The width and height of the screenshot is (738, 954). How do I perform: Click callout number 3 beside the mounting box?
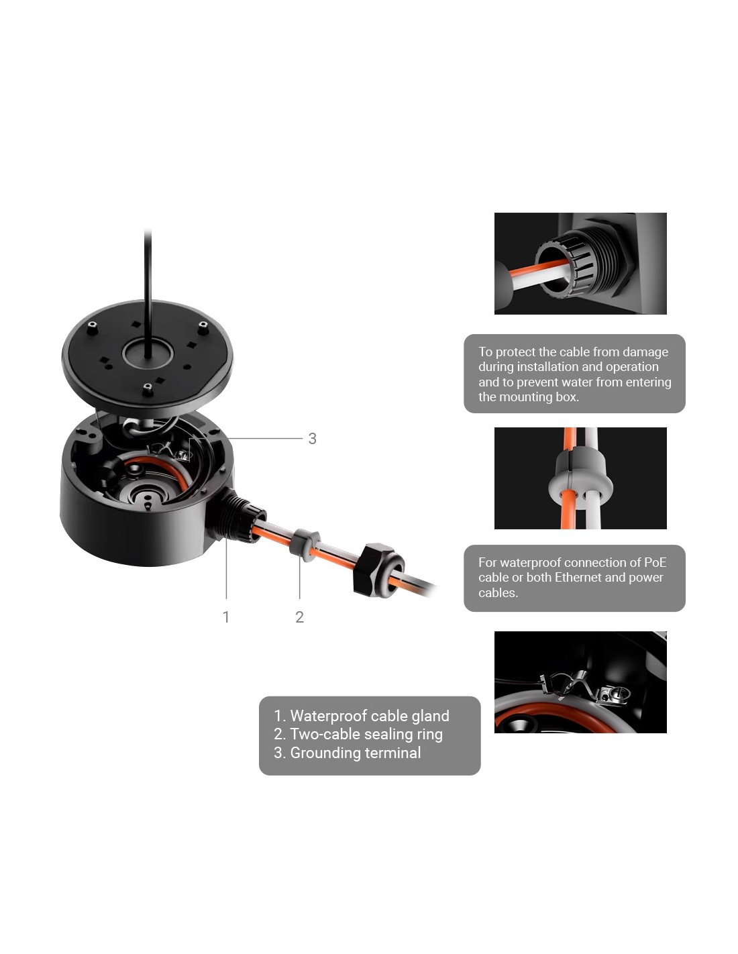[312, 438]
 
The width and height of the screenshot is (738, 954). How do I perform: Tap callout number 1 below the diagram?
[225, 617]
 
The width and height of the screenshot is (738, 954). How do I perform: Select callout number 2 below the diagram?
[299, 617]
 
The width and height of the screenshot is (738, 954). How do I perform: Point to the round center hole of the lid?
[147, 354]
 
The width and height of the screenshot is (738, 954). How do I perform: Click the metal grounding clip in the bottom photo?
[584, 687]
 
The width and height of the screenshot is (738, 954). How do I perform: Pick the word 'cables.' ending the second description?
[498, 592]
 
